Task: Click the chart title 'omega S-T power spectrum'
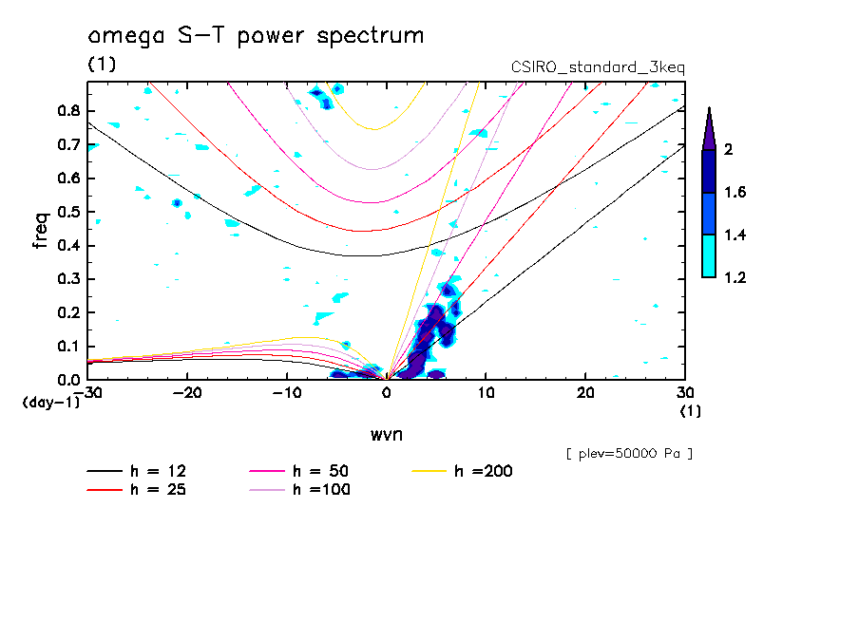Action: pos(256,36)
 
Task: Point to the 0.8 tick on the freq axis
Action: pos(68,110)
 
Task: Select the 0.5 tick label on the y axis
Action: pos(68,212)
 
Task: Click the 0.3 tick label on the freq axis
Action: pos(68,279)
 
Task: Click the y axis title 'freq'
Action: pos(40,230)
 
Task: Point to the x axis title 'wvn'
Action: pos(386,434)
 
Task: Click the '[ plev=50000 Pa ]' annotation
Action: pos(628,454)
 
